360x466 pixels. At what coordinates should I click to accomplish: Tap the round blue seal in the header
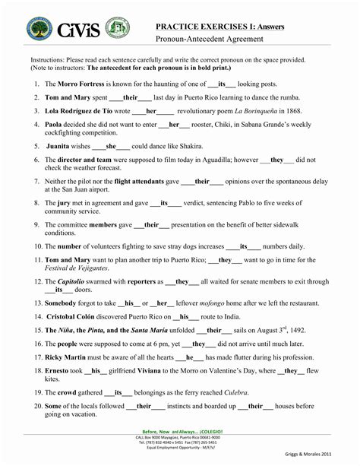[x=39, y=30]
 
